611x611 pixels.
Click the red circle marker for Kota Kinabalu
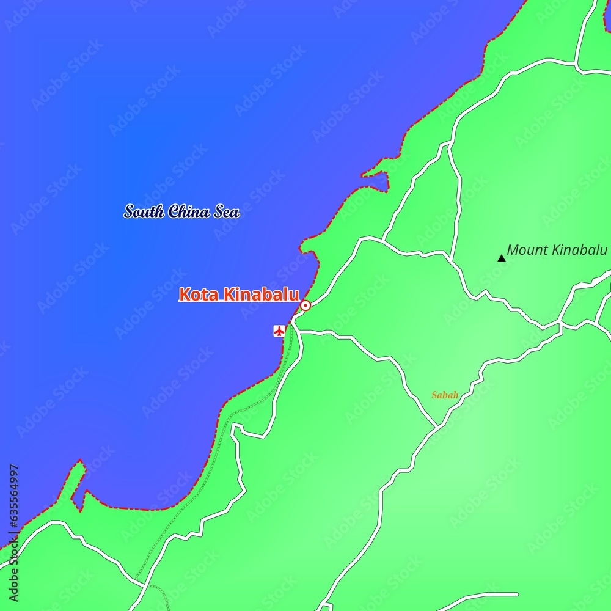point(305,305)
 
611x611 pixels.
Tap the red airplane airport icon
point(279,331)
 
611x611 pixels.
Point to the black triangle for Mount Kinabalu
point(502,258)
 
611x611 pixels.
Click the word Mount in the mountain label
point(526,250)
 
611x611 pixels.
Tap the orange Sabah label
point(445,395)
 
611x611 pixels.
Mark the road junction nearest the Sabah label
point(437,426)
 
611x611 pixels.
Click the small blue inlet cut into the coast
point(376,181)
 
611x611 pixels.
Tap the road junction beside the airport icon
point(295,323)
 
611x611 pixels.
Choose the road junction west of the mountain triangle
point(451,255)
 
